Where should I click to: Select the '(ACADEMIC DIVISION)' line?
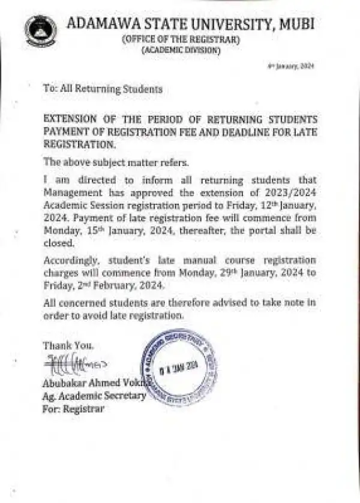tap(181, 51)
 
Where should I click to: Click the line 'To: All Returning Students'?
tap(103, 89)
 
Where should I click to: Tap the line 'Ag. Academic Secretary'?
tap(94, 396)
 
